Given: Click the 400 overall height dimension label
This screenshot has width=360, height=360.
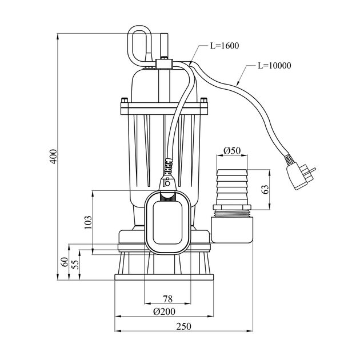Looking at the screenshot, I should coord(53,157).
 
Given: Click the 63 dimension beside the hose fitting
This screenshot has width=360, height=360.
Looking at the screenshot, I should coord(266,190).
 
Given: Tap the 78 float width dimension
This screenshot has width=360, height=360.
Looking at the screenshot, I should coord(167,299).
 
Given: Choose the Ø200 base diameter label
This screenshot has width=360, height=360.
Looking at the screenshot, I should coord(165,311).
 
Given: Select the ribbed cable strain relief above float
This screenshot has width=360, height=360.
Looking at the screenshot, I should coord(168,167).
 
